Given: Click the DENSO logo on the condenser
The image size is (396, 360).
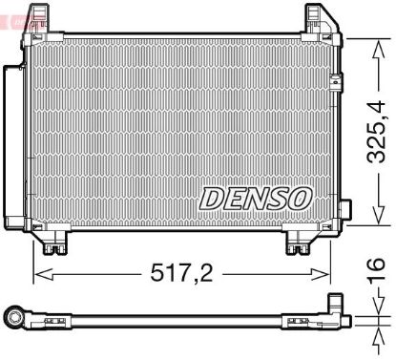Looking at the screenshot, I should [255, 199].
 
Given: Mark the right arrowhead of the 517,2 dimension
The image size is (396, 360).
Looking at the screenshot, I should [323, 274].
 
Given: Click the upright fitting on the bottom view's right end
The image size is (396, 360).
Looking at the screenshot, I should [336, 308].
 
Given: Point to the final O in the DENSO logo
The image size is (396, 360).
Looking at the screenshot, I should [300, 199].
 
